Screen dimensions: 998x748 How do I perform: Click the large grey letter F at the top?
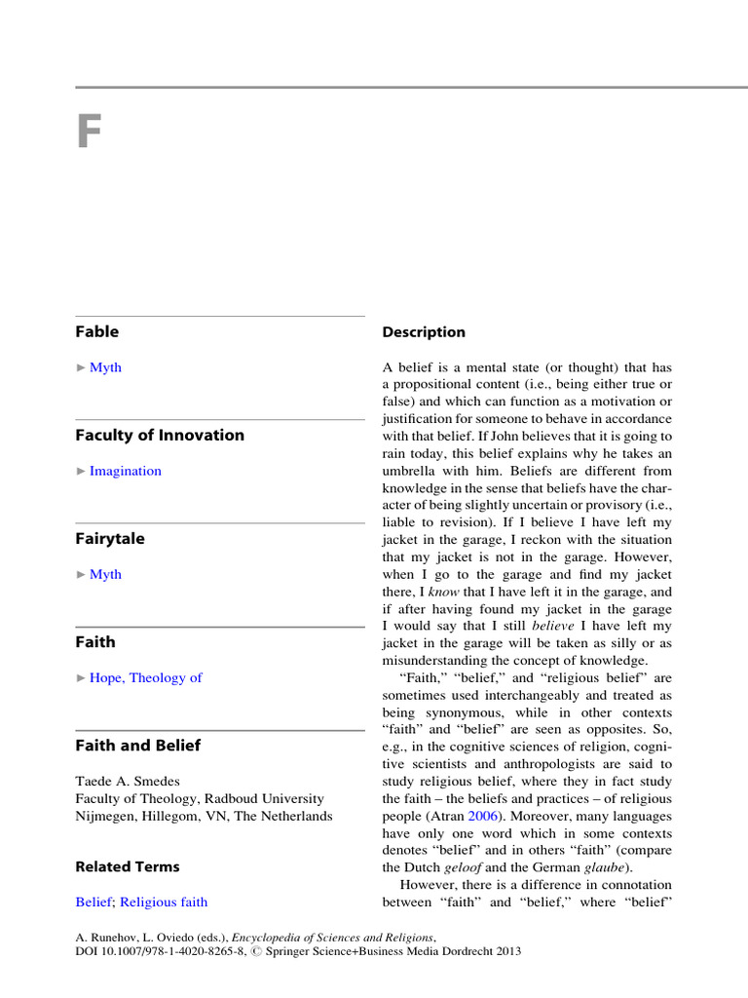click(89, 134)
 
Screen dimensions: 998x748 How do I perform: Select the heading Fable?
click(97, 331)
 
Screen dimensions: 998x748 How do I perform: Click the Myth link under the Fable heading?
click(105, 367)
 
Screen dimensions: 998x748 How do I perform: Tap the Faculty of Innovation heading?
click(160, 435)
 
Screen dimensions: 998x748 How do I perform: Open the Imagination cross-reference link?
click(126, 471)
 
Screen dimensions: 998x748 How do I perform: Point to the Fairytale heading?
click(110, 538)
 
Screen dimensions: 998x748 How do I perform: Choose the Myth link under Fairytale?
click(105, 574)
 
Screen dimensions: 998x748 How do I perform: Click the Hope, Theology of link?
click(146, 677)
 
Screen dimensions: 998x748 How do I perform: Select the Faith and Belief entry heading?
click(138, 745)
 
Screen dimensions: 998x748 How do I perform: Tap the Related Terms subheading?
click(128, 866)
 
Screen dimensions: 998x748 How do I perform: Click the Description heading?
click(424, 332)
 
